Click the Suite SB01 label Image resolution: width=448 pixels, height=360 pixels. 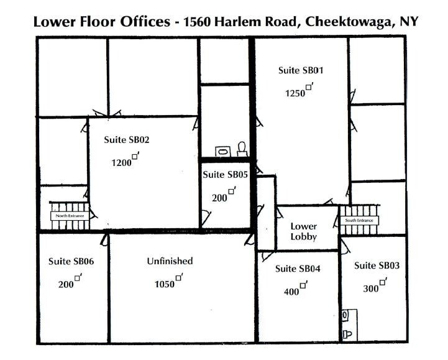[x=301, y=70]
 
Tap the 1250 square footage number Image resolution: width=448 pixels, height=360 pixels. [x=296, y=93]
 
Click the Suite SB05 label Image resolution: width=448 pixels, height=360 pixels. [x=225, y=175]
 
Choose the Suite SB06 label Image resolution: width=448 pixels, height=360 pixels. [x=71, y=261]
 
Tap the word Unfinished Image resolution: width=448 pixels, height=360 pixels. [x=170, y=261]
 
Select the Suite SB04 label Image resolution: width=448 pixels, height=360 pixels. [x=298, y=269]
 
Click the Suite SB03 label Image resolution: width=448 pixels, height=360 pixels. [x=377, y=265]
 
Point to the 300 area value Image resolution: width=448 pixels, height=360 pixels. [x=371, y=288]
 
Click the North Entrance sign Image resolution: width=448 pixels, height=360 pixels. [x=68, y=216]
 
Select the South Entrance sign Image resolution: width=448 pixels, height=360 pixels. [x=359, y=220]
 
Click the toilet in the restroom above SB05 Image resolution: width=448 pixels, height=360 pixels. [x=242, y=149]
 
